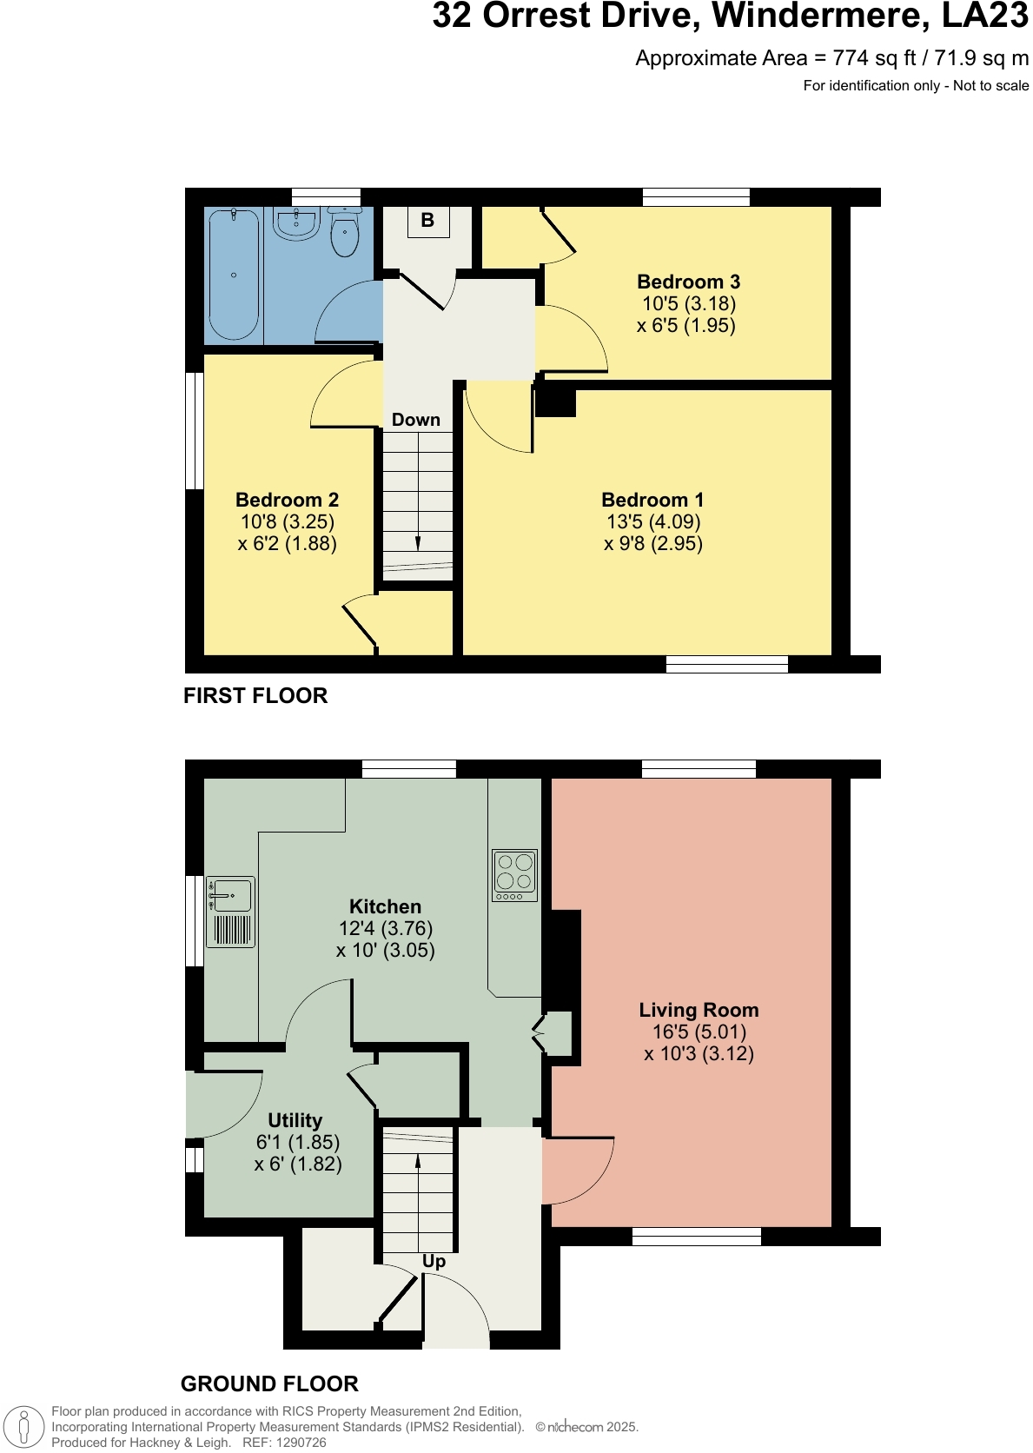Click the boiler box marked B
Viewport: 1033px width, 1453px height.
pos(427,221)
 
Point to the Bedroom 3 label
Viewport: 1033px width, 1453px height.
pos(688,282)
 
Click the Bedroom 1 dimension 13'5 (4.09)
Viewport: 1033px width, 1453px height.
pos(653,521)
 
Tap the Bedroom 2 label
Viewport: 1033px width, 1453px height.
pos(287,500)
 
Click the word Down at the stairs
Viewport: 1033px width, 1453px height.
pos(415,420)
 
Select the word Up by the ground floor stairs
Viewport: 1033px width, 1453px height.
pos(434,1261)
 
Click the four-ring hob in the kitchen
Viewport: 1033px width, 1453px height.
pos(514,875)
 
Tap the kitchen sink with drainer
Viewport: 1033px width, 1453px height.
pos(231,911)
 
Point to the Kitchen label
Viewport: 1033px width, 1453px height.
pos(385,906)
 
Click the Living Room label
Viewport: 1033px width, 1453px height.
pos(699,1010)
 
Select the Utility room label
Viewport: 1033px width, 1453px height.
pos(295,1120)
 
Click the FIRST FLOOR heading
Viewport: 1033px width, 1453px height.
pos(255,696)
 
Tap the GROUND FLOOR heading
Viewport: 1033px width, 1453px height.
pos(269,1383)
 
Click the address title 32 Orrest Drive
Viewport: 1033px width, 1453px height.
pos(730,16)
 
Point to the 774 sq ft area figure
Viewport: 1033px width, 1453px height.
pos(874,58)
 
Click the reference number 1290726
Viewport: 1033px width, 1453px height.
pos(298,1443)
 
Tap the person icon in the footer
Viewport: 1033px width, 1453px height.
pos(24,1427)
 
